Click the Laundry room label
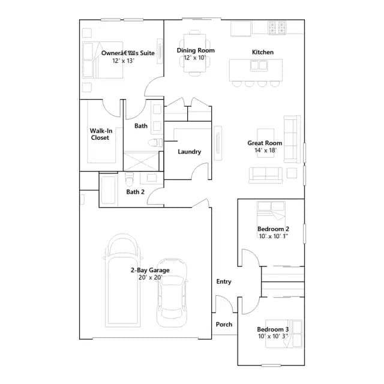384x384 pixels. click(190, 152)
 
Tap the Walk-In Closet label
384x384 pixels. click(101, 134)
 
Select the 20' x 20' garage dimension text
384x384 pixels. click(151, 277)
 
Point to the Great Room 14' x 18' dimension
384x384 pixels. click(265, 150)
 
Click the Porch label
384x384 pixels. click(224, 324)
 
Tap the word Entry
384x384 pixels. click(224, 281)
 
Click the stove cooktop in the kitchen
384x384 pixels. click(277, 28)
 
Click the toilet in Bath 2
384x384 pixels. click(130, 179)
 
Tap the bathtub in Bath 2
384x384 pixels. click(108, 190)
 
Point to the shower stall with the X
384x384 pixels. click(142, 161)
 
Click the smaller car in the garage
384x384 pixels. click(172, 293)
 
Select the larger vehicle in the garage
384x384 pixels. click(122, 280)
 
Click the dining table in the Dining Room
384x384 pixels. click(195, 53)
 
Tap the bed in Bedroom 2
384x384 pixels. click(271, 214)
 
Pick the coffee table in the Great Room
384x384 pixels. click(265, 143)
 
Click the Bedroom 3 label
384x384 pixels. click(273, 329)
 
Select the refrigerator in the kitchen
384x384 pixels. click(241, 29)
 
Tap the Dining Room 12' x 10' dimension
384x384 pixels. click(195, 58)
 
